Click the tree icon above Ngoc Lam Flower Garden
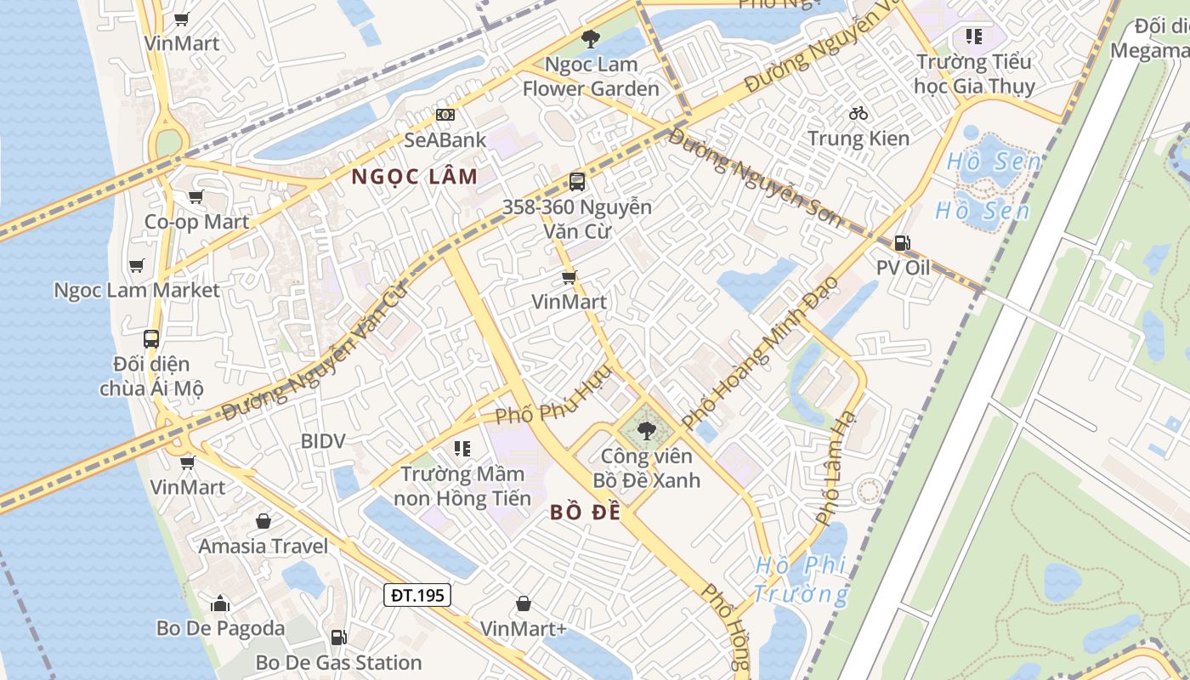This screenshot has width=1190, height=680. (x=590, y=38)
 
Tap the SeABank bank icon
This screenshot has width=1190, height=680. (x=445, y=115)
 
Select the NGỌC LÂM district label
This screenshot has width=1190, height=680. (x=414, y=177)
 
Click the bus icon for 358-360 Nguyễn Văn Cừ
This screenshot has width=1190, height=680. (x=576, y=181)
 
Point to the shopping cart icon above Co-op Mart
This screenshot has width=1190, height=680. (x=195, y=197)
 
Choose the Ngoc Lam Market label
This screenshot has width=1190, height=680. (x=137, y=290)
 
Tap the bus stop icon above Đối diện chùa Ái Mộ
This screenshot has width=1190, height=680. (x=151, y=339)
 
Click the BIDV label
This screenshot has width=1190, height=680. (x=323, y=441)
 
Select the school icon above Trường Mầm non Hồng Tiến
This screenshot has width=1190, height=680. (x=462, y=448)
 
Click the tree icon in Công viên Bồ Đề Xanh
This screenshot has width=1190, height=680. (x=647, y=430)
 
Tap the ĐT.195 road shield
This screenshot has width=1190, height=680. (x=417, y=595)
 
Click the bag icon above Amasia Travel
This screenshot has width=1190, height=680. (x=263, y=521)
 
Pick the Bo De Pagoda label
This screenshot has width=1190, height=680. (x=220, y=628)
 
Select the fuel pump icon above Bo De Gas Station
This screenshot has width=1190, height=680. (x=338, y=637)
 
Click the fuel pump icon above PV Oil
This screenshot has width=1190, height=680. (x=902, y=243)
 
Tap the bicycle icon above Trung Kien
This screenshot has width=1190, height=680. (x=858, y=113)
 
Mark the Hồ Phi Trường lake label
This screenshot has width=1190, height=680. (x=801, y=579)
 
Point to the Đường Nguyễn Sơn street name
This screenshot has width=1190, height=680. (x=755, y=178)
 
